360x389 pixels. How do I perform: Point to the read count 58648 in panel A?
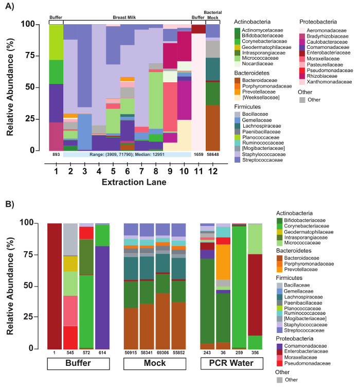pos(212,154)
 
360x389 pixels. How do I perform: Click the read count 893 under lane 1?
pos(56,154)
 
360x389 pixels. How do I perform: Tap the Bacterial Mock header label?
pos(212,13)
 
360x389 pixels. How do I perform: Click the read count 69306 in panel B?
pos(163,353)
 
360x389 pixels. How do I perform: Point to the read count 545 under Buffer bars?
pos(70,353)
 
